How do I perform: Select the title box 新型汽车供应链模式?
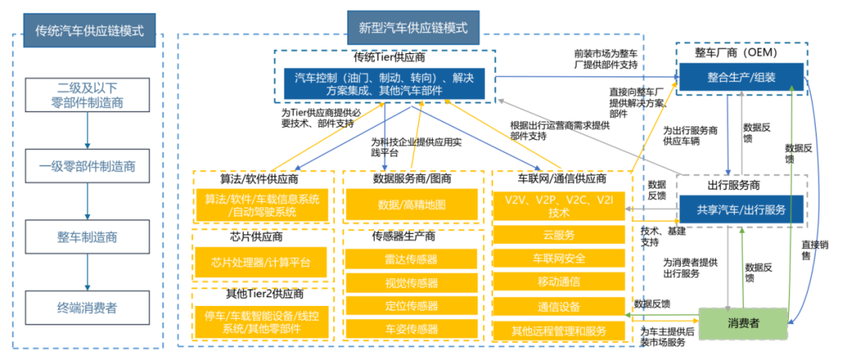pyautogui.click(x=413, y=28)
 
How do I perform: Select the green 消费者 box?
pyautogui.click(x=741, y=322)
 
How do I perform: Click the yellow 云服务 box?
pyautogui.click(x=560, y=235)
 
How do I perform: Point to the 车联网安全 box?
pyautogui.click(x=560, y=259)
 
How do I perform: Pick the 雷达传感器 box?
pyautogui.click(x=412, y=260)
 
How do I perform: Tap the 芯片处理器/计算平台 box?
pyautogui.click(x=261, y=261)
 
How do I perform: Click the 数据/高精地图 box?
pyautogui.click(x=412, y=205)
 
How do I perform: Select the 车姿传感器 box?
pyautogui.click(x=412, y=329)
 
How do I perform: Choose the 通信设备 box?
pyautogui.click(x=560, y=307)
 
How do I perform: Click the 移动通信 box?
pyautogui.click(x=560, y=282)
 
